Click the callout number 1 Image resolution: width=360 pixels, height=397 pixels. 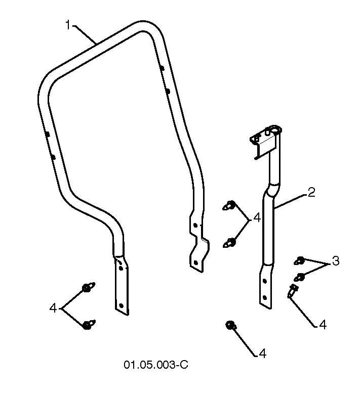(x=68, y=25)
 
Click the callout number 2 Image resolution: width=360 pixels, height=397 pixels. (x=311, y=192)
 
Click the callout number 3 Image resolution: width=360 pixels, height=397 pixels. (x=336, y=261)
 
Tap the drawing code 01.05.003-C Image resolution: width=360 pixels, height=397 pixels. (x=156, y=365)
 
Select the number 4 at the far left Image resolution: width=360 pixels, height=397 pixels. (x=53, y=308)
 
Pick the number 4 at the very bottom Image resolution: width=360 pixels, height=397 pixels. (x=262, y=354)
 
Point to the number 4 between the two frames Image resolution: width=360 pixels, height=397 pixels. (x=257, y=218)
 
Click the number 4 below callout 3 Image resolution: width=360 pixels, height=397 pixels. (x=323, y=324)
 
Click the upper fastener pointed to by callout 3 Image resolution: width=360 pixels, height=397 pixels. (x=299, y=261)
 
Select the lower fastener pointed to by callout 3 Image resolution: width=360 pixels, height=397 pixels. (x=299, y=278)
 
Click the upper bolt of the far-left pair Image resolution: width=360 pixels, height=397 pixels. (x=88, y=287)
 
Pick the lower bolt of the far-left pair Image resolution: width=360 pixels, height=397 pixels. (x=89, y=324)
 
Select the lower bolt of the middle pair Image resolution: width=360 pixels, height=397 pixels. (x=229, y=243)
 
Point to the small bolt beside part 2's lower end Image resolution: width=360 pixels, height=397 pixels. (x=292, y=291)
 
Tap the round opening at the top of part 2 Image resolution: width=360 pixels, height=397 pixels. (x=275, y=129)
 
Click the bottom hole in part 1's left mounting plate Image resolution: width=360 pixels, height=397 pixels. (x=121, y=306)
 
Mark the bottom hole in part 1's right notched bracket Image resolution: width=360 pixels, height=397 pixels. (x=195, y=263)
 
